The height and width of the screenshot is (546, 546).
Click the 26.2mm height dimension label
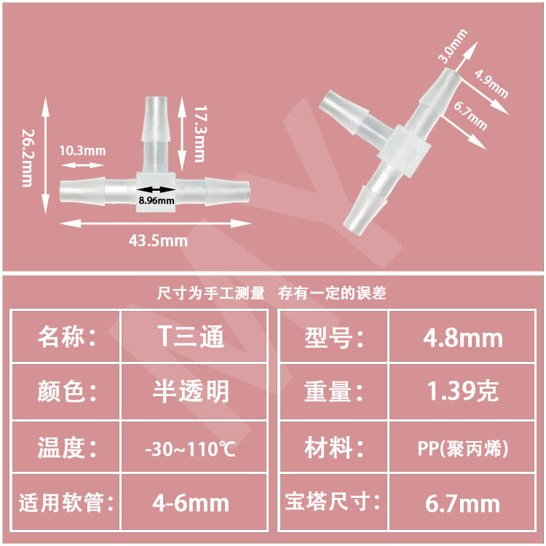click(x=26, y=158)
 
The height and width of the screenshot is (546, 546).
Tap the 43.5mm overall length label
click(x=158, y=240)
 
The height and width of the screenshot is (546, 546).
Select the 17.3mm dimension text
click(x=199, y=133)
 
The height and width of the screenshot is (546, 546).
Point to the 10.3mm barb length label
click(x=82, y=151)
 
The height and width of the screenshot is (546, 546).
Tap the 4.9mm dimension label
click(x=491, y=83)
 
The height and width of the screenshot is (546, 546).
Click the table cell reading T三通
click(x=191, y=337)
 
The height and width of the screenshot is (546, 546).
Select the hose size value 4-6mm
click(x=193, y=502)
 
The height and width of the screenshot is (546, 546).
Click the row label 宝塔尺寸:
click(x=333, y=502)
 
